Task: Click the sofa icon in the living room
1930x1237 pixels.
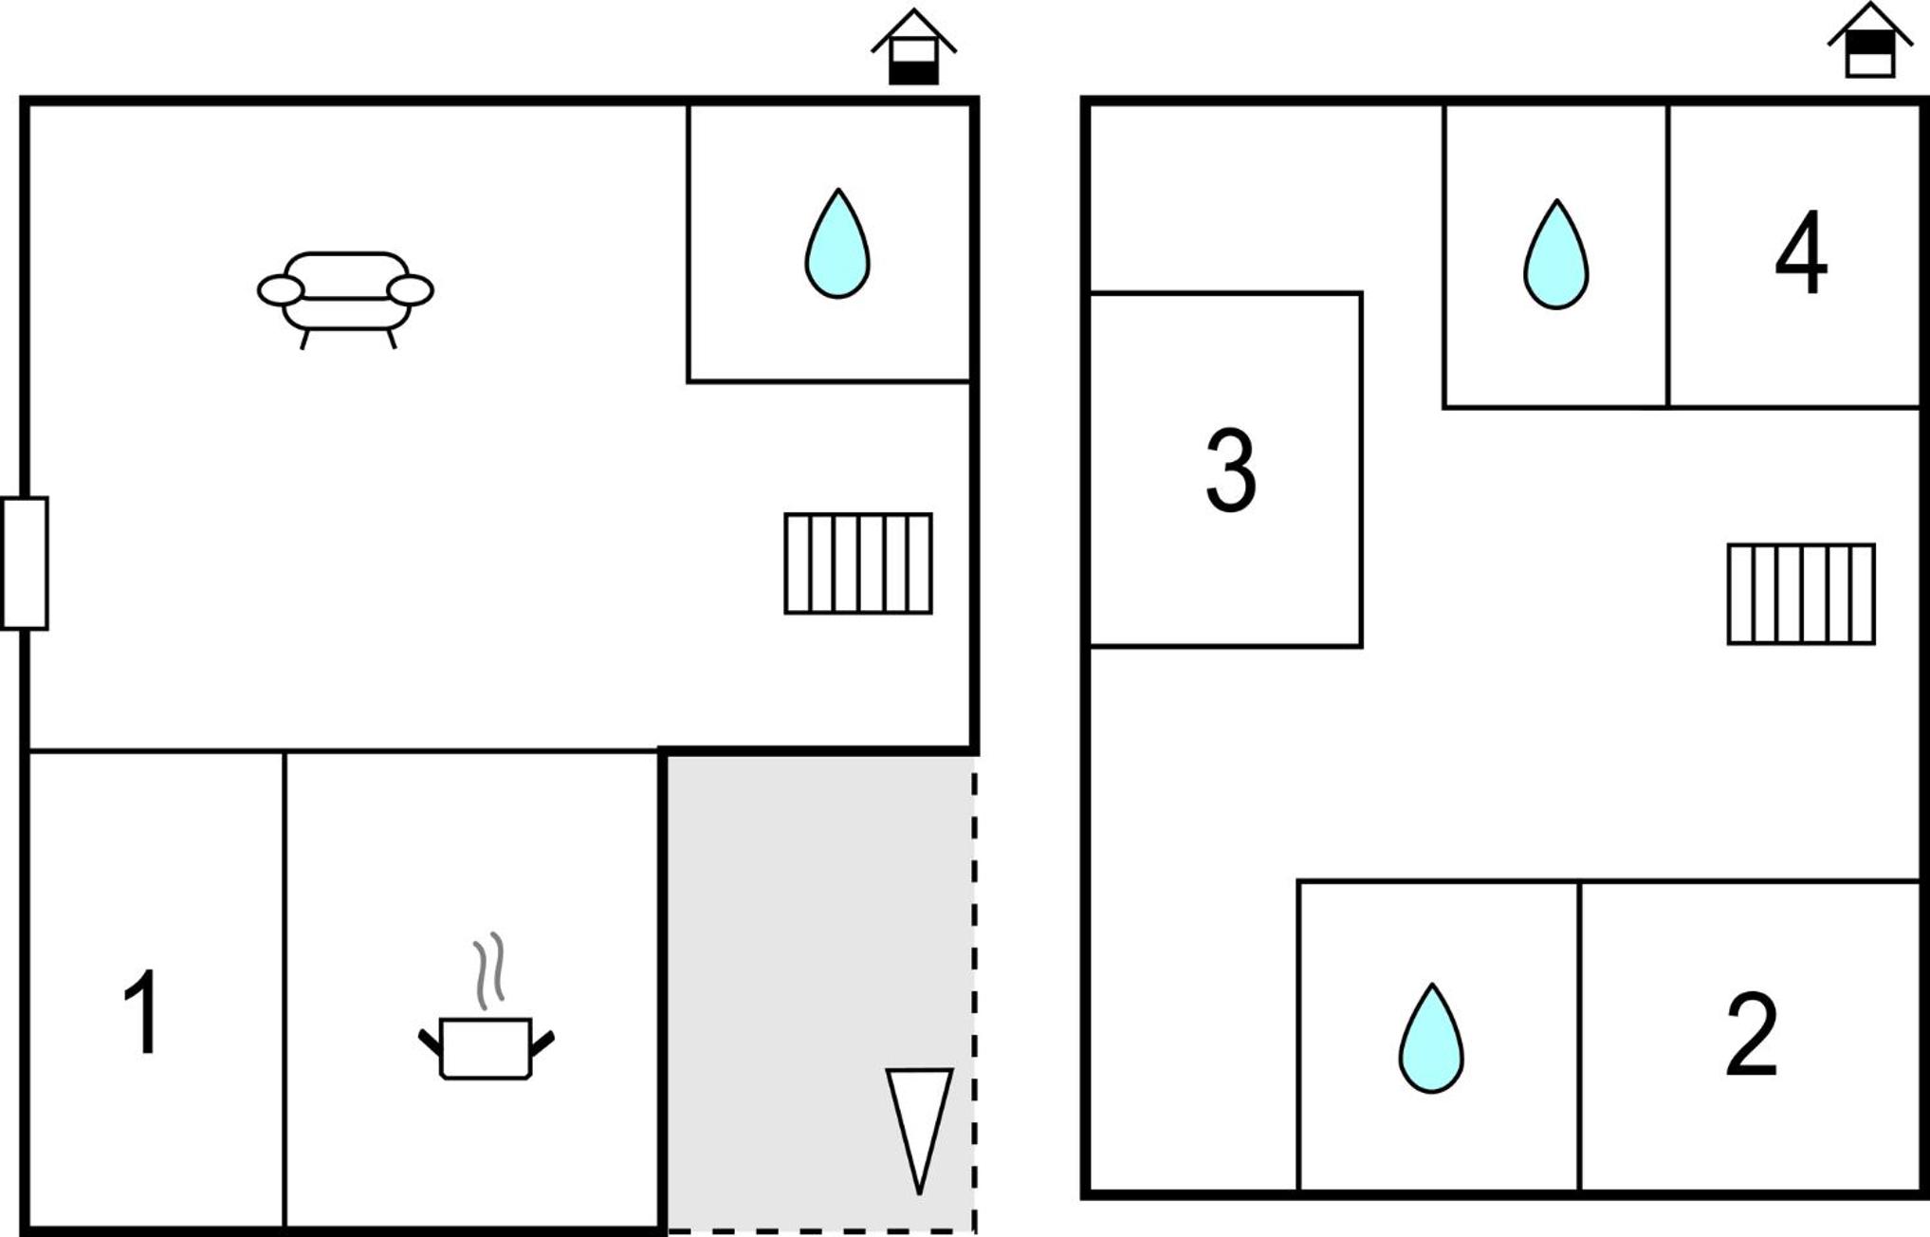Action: pyautogui.click(x=345, y=300)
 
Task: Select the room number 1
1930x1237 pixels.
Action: pyautogui.click(x=143, y=1011)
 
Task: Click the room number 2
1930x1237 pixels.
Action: pyautogui.click(x=1751, y=1034)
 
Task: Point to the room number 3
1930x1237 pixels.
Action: pyautogui.click(x=1231, y=470)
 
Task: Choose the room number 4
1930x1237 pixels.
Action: pyautogui.click(x=1800, y=251)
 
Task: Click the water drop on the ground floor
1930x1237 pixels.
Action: pyautogui.click(x=837, y=244)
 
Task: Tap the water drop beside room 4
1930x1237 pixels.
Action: pyautogui.click(x=1556, y=254)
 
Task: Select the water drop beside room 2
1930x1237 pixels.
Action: pyautogui.click(x=1431, y=1039)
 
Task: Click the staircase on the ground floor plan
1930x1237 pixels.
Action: pyautogui.click(x=858, y=563)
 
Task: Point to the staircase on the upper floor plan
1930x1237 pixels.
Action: pyautogui.click(x=1801, y=594)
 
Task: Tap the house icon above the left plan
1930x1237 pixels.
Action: pyautogui.click(x=914, y=47)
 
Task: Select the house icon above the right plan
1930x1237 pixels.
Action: pyautogui.click(x=1870, y=40)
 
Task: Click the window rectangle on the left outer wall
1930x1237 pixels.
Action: pyautogui.click(x=25, y=563)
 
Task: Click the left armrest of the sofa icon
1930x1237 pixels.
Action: pyautogui.click(x=281, y=290)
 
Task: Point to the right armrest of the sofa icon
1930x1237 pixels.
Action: pyautogui.click(x=411, y=290)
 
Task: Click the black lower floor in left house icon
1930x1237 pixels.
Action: pyautogui.click(x=914, y=73)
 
